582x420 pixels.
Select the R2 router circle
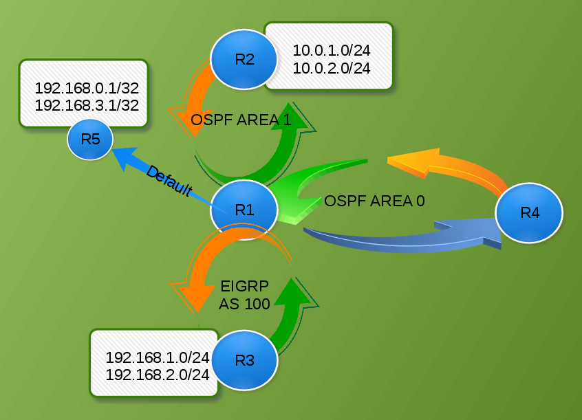coord(244,59)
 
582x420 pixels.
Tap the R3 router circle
coord(244,361)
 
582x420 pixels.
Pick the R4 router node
coord(529,213)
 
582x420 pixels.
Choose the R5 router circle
coord(90,139)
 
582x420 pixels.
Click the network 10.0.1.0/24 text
coord(332,51)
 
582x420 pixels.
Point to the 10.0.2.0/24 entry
coord(332,68)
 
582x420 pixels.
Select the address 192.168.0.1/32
coord(87,88)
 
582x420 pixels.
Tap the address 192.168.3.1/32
coord(87,105)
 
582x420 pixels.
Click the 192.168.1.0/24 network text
coord(158,357)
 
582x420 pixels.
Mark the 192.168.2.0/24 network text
coord(158,375)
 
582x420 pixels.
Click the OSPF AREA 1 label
coord(241,120)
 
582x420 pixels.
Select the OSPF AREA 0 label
coord(374,201)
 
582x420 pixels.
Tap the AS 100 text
coord(244,305)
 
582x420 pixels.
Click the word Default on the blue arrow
coord(168,181)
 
